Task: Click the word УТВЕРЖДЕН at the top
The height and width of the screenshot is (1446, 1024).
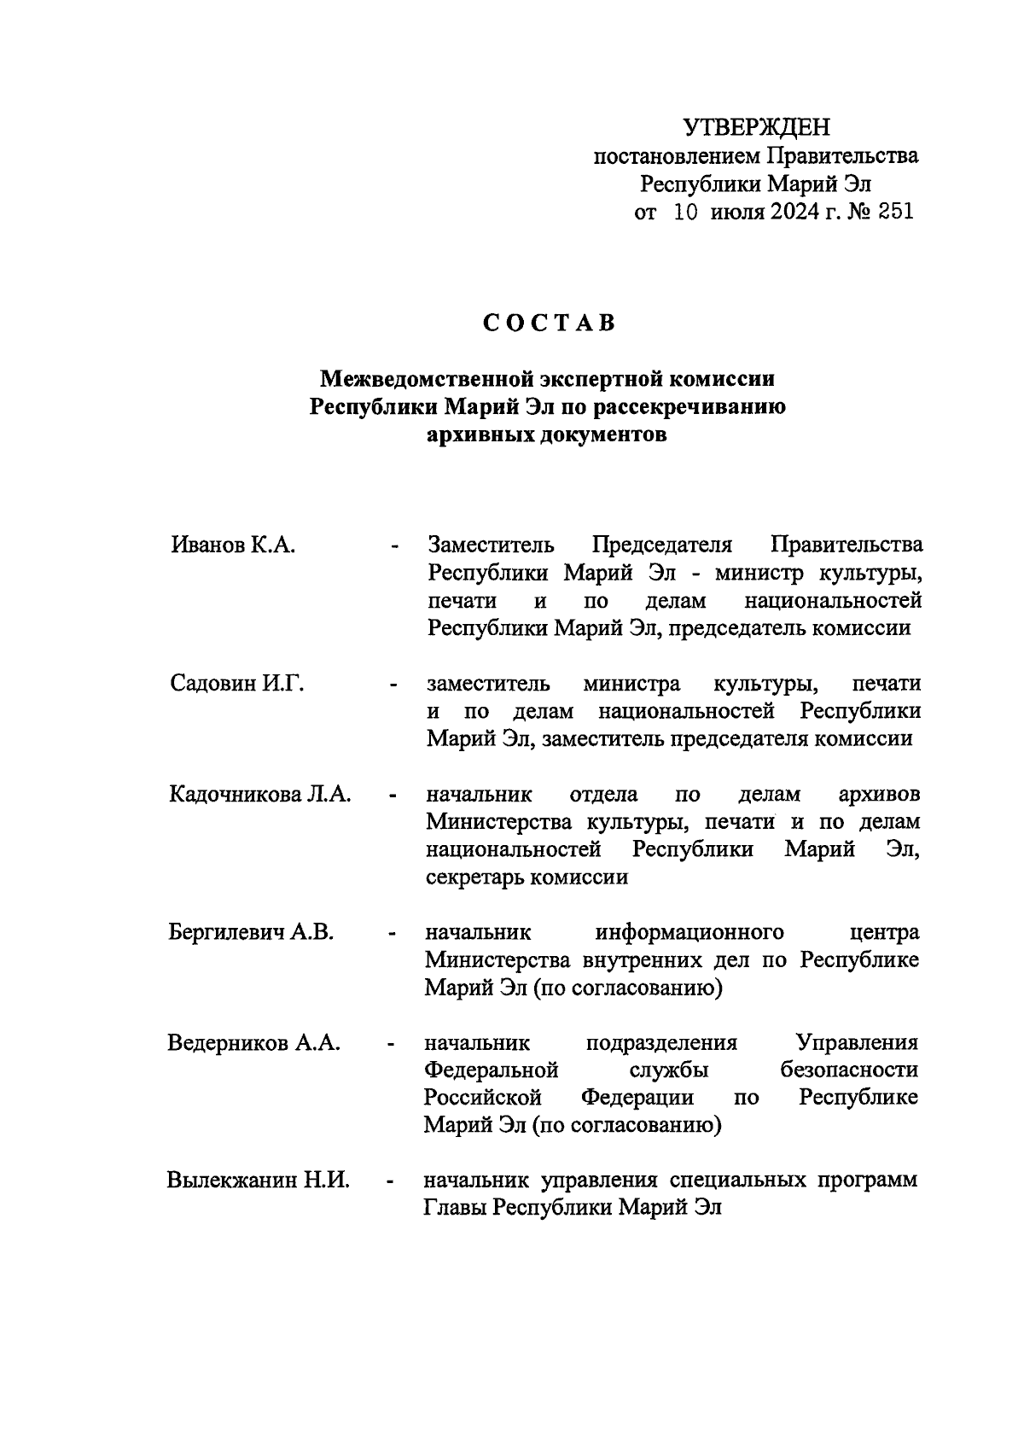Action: point(756,128)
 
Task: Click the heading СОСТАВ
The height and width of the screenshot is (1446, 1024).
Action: point(549,324)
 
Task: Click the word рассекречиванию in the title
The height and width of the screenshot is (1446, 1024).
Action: point(689,406)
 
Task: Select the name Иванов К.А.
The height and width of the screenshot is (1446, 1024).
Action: point(233,545)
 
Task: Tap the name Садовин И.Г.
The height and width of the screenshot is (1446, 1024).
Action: point(236,684)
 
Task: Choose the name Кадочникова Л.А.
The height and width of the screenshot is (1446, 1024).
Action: point(260,795)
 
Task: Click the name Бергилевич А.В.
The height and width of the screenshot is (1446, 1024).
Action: point(251,932)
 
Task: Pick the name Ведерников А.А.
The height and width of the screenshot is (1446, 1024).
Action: point(254,1043)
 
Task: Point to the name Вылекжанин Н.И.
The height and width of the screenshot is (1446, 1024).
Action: point(258,1181)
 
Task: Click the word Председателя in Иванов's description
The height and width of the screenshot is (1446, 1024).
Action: point(662,545)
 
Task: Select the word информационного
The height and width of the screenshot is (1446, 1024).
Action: point(689,931)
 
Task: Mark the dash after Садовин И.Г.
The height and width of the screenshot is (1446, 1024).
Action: point(393,685)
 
